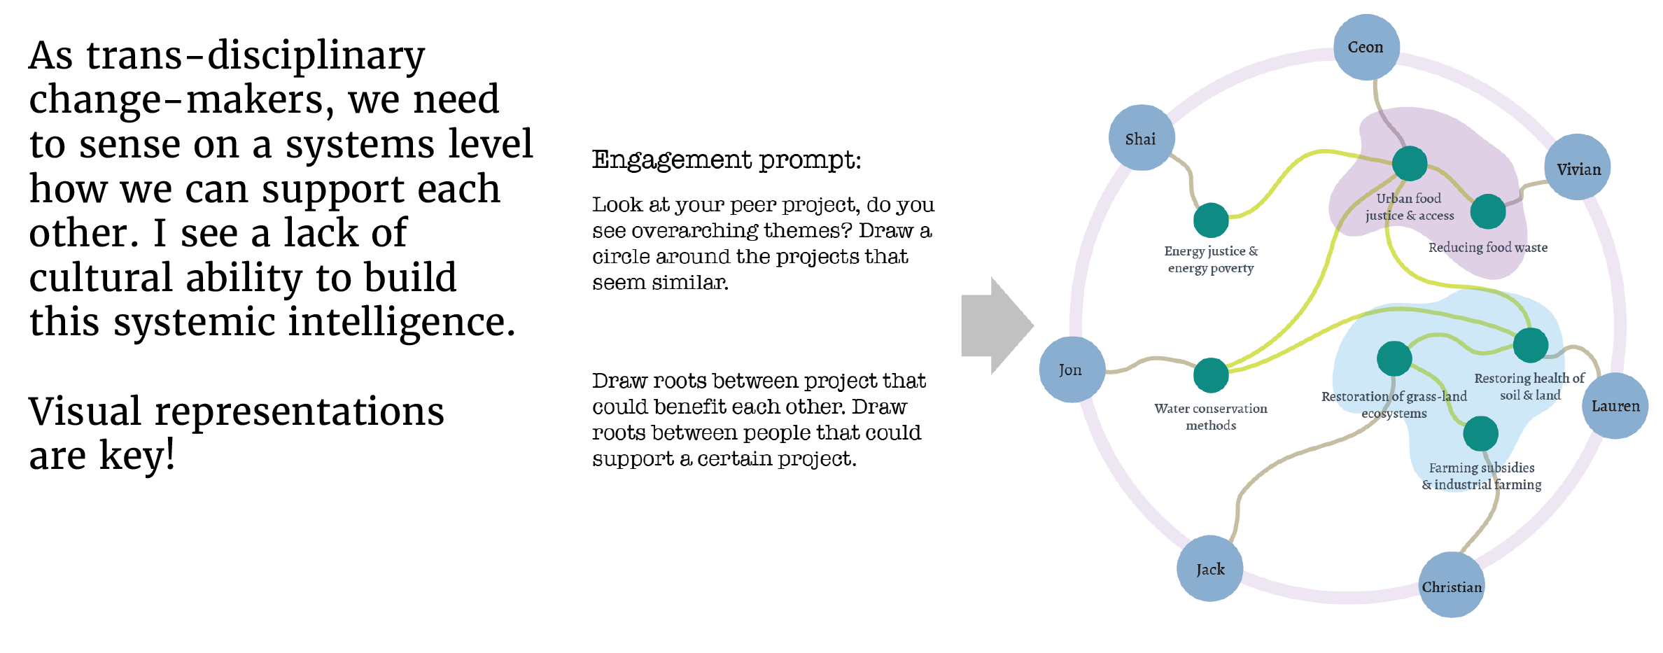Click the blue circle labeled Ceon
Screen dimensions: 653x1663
(x=1366, y=47)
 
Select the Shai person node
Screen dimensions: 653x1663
(x=1141, y=138)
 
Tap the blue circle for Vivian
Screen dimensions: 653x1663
(x=1578, y=168)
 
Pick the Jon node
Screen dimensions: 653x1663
(x=1072, y=370)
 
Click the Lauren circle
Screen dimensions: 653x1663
(x=1615, y=406)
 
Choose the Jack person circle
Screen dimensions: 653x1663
(x=1210, y=568)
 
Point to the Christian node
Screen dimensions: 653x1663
(x=1452, y=586)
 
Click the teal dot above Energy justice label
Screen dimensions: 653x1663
(x=1211, y=220)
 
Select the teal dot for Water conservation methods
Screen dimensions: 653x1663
(x=1211, y=375)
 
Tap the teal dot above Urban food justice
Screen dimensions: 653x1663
(x=1409, y=164)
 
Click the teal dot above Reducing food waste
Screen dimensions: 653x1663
(x=1488, y=211)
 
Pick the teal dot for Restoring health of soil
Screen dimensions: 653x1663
(x=1530, y=344)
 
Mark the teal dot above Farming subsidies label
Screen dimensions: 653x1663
(x=1480, y=434)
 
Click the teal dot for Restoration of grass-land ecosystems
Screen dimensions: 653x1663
(x=1394, y=358)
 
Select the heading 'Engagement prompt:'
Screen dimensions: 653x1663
(x=727, y=160)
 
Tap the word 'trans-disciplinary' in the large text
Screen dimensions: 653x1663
(x=255, y=56)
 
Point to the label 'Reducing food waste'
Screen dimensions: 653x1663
(x=1487, y=248)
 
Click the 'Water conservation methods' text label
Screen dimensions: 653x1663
(x=1210, y=416)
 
